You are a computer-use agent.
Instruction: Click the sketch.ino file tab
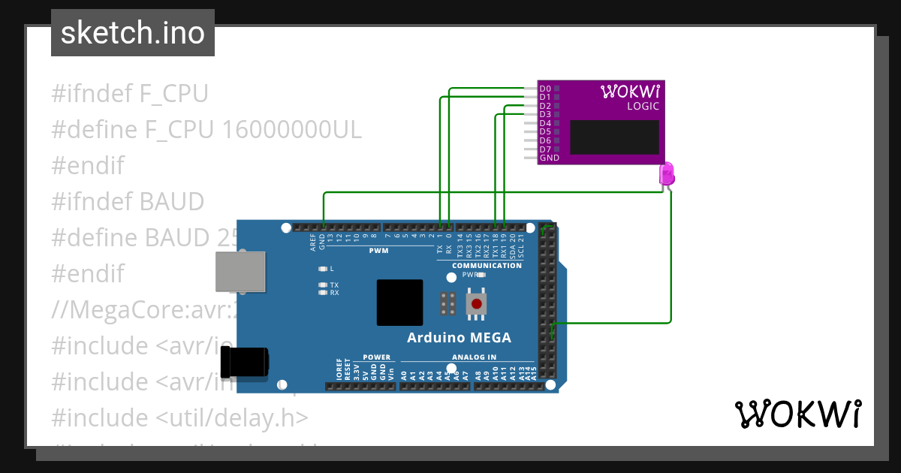click(132, 33)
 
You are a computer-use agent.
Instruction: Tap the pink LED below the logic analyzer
click(666, 174)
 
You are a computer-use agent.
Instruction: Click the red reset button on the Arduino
click(476, 304)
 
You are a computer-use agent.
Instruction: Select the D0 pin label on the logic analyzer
click(545, 89)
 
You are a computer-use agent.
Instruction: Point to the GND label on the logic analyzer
click(550, 158)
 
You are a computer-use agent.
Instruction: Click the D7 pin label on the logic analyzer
click(545, 149)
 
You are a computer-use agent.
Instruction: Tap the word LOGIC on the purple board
click(643, 107)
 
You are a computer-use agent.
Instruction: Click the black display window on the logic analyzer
click(614, 137)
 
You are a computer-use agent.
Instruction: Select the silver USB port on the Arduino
click(240, 271)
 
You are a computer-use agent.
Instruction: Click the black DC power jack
click(244, 363)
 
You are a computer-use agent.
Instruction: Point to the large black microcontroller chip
click(399, 303)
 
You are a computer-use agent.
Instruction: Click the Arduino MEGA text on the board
click(459, 338)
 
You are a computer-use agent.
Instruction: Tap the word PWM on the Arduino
click(378, 250)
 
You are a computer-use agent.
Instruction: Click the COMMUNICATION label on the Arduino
click(487, 266)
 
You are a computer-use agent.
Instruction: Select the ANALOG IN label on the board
click(474, 357)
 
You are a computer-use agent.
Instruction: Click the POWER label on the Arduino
click(376, 357)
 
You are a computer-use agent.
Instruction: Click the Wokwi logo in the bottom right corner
click(797, 414)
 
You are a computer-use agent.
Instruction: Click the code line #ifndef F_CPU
click(129, 94)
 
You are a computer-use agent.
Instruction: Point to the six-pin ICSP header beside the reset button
click(448, 304)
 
